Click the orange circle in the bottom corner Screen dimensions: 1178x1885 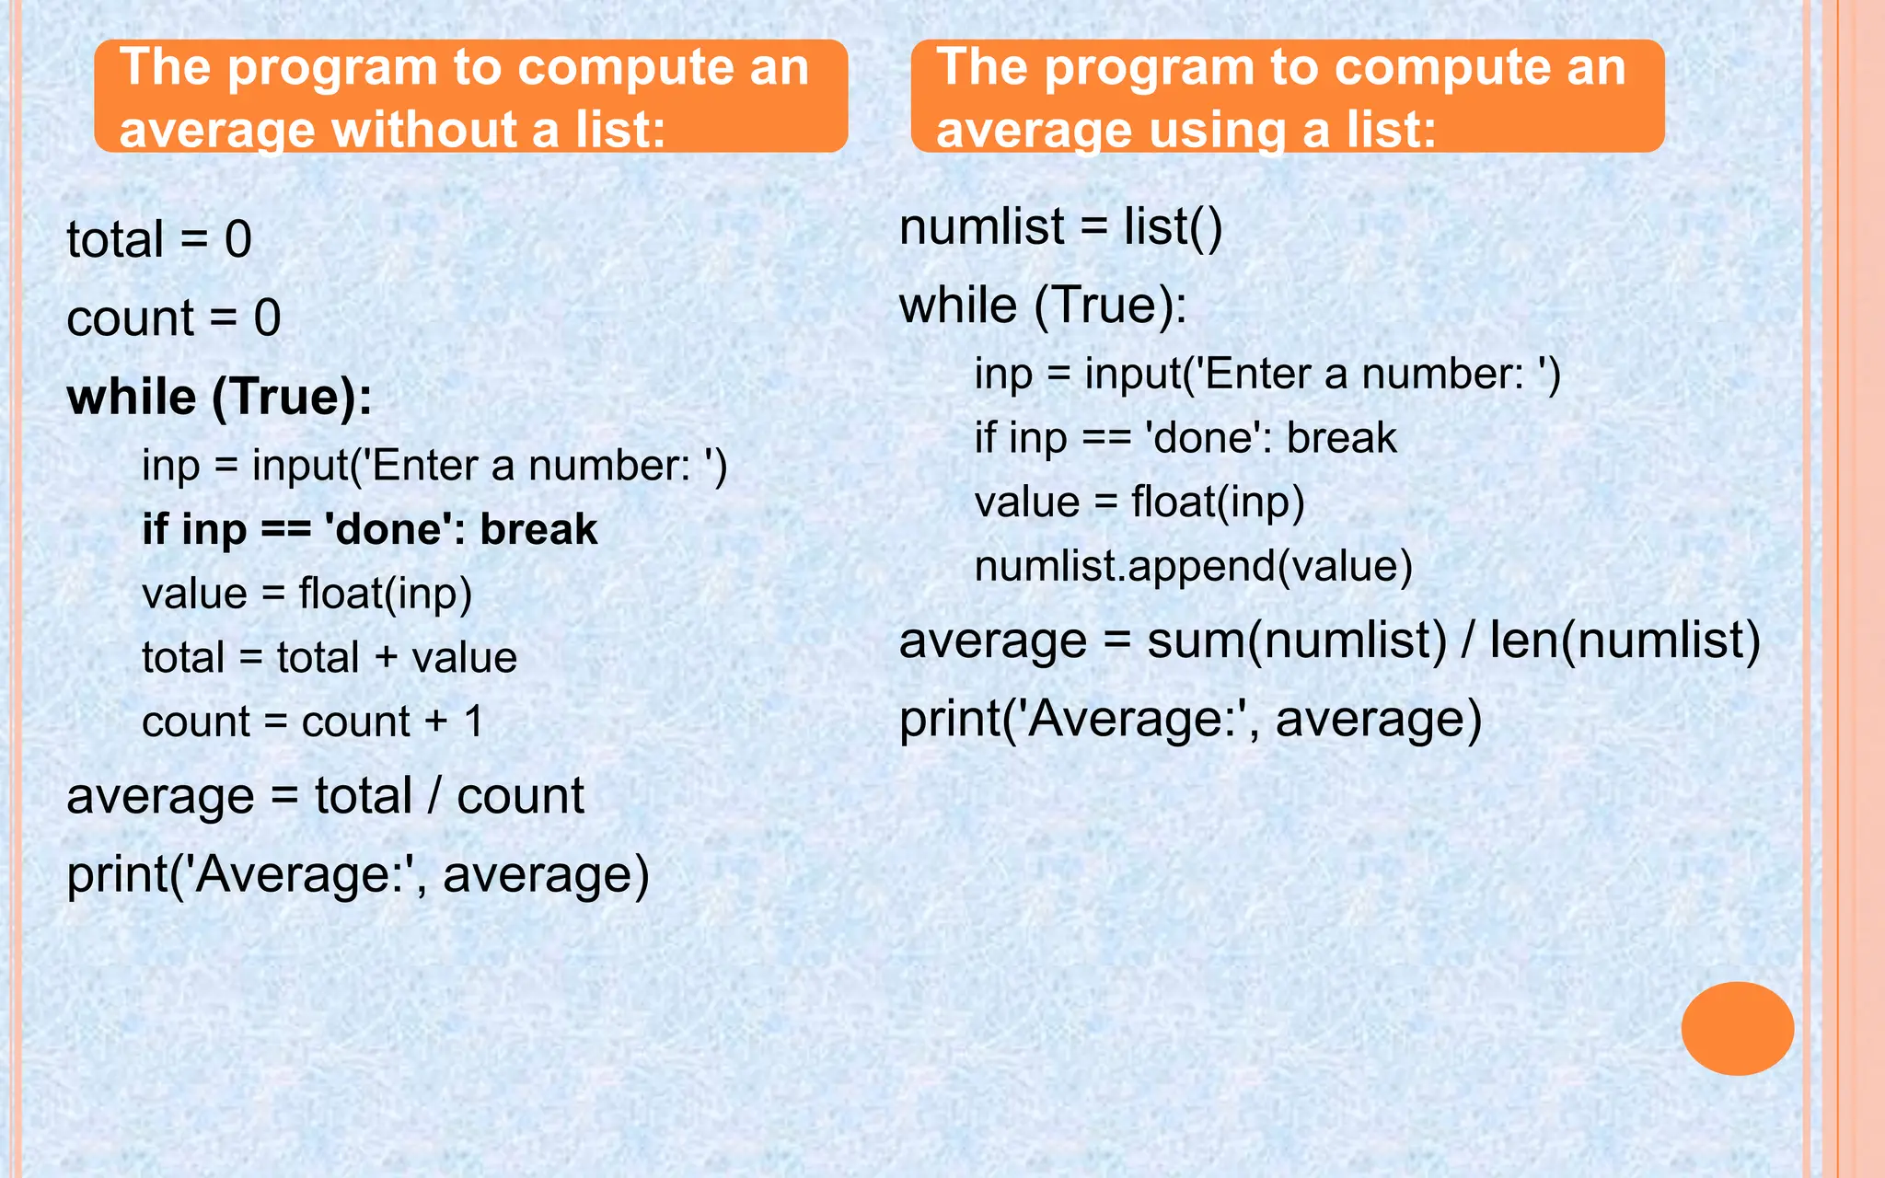tap(1737, 1028)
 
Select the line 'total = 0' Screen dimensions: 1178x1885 tap(159, 239)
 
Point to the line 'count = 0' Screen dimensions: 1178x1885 tap(174, 318)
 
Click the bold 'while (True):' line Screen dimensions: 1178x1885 tap(220, 398)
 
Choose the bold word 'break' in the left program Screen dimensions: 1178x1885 tap(538, 530)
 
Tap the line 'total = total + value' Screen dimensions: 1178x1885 tap(330, 658)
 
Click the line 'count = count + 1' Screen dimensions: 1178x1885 tap(313, 722)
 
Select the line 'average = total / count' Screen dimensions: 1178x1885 tap(325, 796)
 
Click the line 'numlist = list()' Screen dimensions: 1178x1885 tap(1060, 227)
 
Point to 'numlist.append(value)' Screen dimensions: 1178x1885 tap(1193, 566)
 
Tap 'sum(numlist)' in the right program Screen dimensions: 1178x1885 tap(1297, 641)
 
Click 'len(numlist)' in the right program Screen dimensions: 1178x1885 tap(1625, 641)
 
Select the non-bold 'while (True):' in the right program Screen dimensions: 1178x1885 tap(1043, 306)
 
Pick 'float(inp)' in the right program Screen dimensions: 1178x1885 tap(1218, 502)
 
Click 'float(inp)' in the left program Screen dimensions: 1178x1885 tap(385, 594)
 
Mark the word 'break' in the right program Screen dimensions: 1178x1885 tap(1341, 438)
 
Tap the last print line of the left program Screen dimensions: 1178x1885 tap(358, 874)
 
